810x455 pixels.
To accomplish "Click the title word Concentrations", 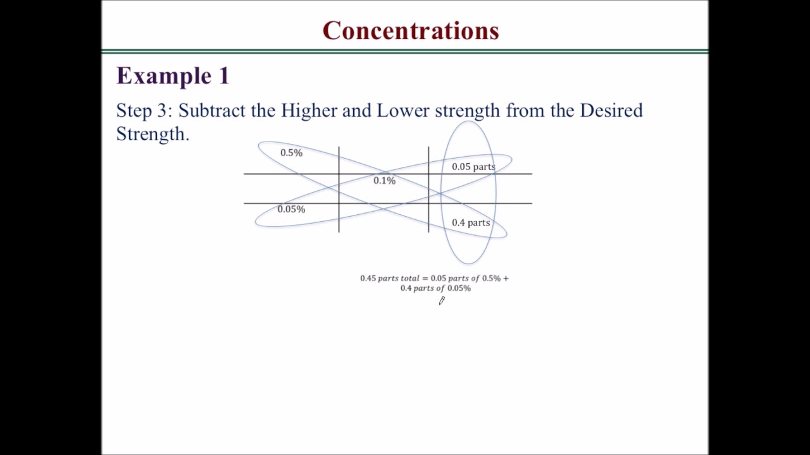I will point(411,30).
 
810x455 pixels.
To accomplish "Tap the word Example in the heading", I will point(156,76).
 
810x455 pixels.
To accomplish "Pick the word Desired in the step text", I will point(611,111).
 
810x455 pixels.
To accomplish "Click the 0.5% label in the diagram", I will point(291,153).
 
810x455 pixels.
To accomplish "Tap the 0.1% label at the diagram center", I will point(384,181).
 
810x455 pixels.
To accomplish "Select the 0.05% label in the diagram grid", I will point(291,209).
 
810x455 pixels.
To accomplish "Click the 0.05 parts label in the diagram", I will point(473,167).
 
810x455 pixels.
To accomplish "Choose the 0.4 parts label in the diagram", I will point(471,222).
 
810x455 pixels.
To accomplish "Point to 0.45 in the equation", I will point(368,278).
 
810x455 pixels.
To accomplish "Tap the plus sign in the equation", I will point(506,278).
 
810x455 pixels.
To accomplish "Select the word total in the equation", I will point(409,278).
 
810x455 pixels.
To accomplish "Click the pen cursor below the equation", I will point(442,301).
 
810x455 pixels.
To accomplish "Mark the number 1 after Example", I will point(223,76).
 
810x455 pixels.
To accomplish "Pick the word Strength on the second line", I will point(151,133).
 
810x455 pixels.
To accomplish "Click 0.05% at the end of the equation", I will point(459,288).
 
